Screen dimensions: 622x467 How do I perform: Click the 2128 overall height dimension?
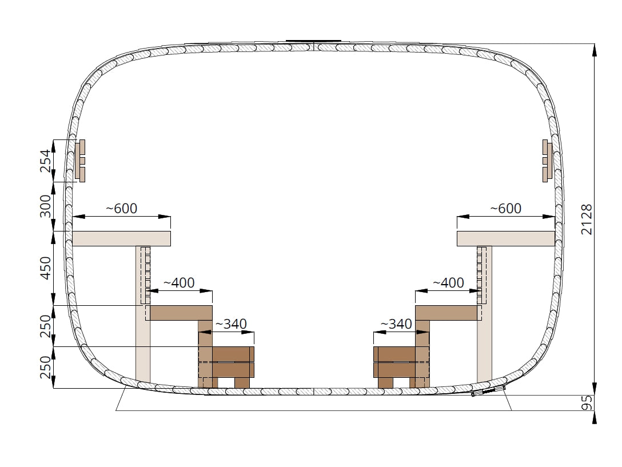[x=587, y=219]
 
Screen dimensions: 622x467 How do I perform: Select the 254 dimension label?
[x=46, y=160]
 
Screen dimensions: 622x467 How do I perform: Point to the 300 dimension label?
[x=46, y=206]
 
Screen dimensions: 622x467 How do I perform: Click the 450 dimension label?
[x=46, y=268]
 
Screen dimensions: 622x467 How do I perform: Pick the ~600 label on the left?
[x=121, y=208]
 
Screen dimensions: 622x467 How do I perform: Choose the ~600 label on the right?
[x=505, y=208]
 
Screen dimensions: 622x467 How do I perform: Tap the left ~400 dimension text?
[x=178, y=283]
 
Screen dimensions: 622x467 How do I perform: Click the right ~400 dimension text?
[x=448, y=283]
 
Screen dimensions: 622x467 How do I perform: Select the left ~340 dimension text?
[x=231, y=324]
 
